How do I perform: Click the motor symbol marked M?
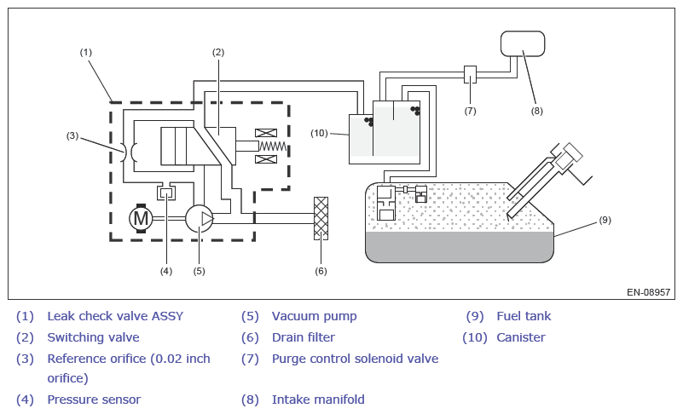141,218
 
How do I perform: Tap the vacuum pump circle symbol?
199,219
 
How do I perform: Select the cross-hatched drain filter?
321,218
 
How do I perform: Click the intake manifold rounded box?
523,43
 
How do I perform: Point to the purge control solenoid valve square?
470,74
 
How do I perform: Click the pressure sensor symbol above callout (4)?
166,192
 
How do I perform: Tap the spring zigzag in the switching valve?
273,147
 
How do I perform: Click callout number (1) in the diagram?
86,52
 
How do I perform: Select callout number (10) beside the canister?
319,133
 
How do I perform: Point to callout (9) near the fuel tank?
605,220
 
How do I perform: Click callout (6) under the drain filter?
321,271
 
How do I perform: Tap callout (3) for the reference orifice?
72,135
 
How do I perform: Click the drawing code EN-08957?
649,291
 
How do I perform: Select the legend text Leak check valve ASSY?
115,316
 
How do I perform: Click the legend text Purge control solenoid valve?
355,359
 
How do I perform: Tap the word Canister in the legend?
521,337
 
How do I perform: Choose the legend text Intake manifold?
318,400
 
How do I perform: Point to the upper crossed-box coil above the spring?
266,133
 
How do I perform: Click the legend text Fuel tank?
524,316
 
